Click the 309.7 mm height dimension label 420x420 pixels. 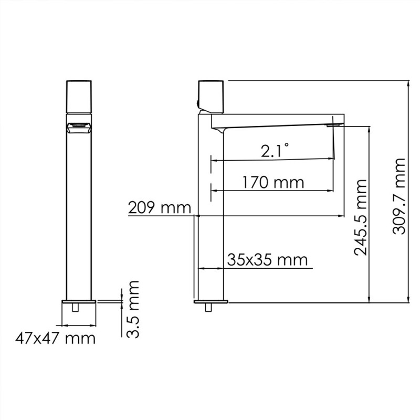point(399,196)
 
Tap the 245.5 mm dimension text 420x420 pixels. point(360,217)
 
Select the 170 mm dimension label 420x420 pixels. point(273,182)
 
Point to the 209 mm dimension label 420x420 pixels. point(160,207)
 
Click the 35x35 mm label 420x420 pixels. point(268,259)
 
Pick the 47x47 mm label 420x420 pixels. point(55,339)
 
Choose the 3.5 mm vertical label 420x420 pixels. point(133,309)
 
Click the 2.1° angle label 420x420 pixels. point(275,151)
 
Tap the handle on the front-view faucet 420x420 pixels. point(79,97)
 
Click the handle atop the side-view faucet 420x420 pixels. point(211,97)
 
